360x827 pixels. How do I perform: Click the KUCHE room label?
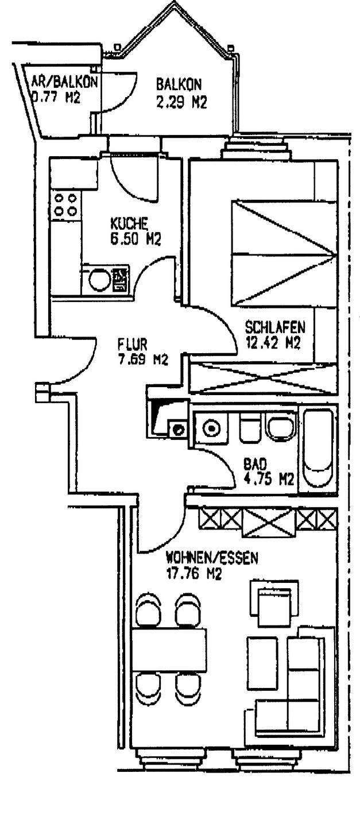(x=130, y=223)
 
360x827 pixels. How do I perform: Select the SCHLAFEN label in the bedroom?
(x=275, y=329)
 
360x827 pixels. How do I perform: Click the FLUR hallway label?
(x=133, y=346)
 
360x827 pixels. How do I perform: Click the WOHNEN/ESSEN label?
(x=212, y=557)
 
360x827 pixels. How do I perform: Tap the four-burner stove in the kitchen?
(x=65, y=204)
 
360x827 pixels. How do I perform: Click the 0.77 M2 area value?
(x=56, y=97)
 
